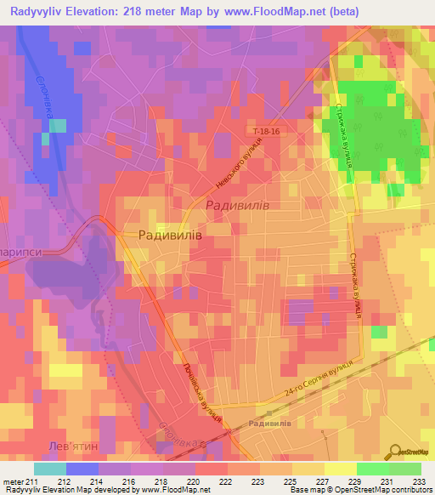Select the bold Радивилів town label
click(170, 236)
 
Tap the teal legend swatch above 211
click(50, 468)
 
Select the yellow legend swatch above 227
click(309, 468)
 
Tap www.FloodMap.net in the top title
click(267, 11)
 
